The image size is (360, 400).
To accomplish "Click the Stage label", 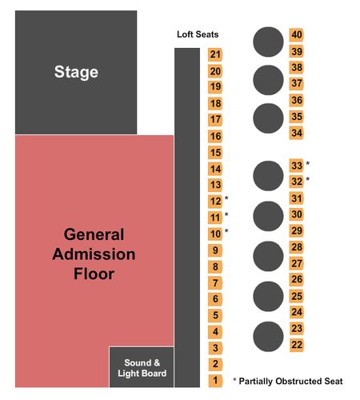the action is [76, 72].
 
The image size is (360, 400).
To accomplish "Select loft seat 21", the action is [215, 54].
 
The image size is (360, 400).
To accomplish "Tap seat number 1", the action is [215, 381].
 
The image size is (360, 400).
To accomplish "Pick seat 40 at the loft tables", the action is [297, 35].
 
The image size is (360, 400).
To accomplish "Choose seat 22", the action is [297, 345].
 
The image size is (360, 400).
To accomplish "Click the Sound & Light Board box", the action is [142, 367].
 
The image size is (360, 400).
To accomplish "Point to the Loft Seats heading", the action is [198, 34].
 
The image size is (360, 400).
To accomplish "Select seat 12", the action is [215, 201].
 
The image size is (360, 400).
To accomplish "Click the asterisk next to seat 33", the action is [307, 163].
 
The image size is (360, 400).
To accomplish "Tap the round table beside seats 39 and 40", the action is [268, 42].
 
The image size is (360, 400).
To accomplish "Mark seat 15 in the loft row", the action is [215, 153].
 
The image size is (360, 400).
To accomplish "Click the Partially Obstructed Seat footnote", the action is [288, 381].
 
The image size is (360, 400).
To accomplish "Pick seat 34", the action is [297, 133].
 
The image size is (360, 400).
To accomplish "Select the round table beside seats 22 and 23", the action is [268, 337].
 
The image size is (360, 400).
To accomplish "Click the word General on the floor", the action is [94, 234].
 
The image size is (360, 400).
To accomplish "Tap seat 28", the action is [297, 247].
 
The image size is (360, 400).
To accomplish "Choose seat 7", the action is [215, 282].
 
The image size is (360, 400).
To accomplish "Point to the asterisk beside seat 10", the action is [226, 230].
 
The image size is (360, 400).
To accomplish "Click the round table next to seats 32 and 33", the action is [268, 176].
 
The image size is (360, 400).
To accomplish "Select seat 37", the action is [297, 83].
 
